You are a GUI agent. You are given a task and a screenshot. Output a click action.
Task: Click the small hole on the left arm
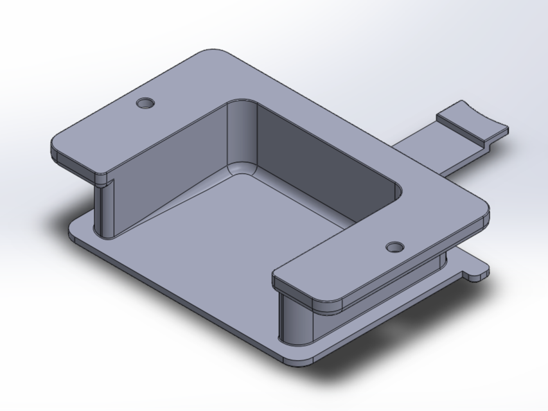click(146, 103)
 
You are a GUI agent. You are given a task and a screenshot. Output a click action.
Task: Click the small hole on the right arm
click(394, 247)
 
